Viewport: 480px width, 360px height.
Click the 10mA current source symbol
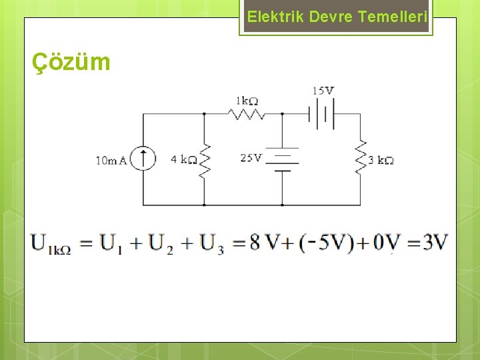(143, 159)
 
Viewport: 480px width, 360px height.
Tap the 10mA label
(111, 160)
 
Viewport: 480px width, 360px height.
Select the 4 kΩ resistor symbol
(204, 159)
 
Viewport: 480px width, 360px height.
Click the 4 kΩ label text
(183, 160)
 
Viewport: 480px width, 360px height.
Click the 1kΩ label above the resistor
(246, 101)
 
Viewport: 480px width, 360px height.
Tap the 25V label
(251, 158)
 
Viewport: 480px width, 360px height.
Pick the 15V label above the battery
(323, 91)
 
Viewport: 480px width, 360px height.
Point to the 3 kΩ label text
(381, 160)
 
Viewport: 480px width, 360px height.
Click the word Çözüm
(71, 62)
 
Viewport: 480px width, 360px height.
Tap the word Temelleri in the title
(392, 17)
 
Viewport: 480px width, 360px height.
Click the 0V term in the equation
(386, 242)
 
